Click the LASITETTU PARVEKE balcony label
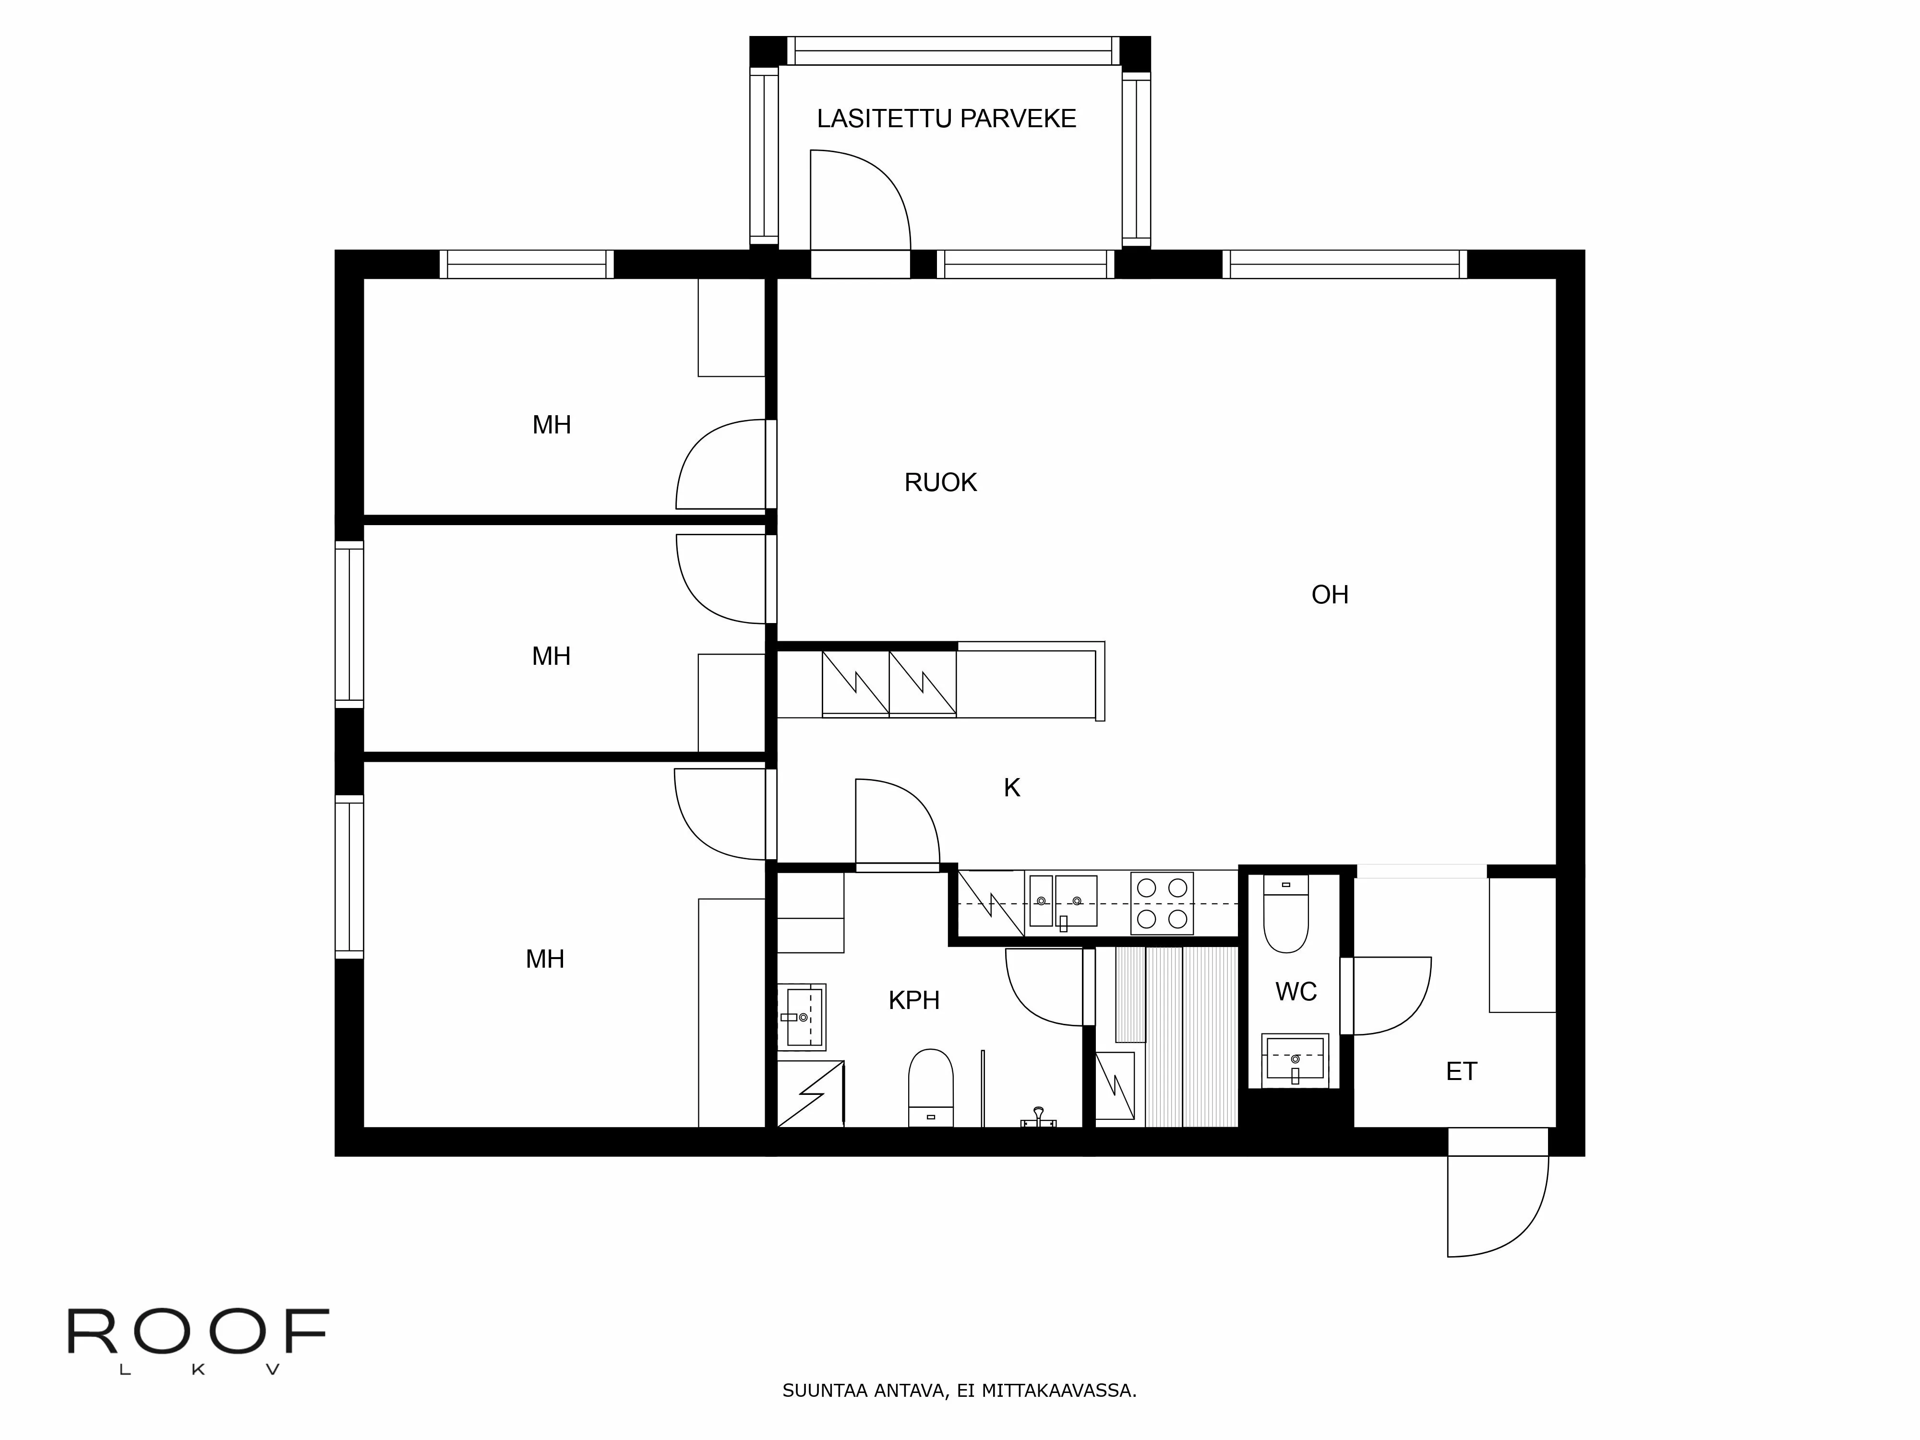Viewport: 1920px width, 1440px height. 946,119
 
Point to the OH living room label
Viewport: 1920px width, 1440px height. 1329,596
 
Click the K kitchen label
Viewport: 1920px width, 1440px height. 1011,788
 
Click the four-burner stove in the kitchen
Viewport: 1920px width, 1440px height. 1162,903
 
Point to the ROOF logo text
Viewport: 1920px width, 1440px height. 198,1332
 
